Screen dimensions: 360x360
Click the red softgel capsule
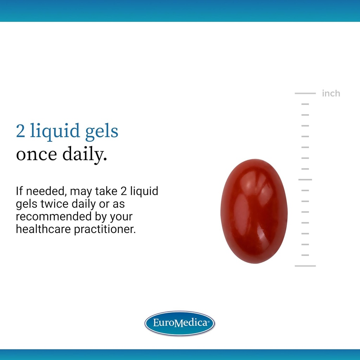[x=254, y=211]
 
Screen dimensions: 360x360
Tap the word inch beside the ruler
[x=331, y=94]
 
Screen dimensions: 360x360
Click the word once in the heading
[x=36, y=155]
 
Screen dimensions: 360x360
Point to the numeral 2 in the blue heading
[x=20, y=131]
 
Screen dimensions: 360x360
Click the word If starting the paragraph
[x=19, y=192]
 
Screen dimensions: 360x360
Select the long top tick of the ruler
[x=305, y=94]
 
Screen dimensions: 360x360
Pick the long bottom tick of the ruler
[x=305, y=266]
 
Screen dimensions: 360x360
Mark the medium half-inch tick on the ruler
[x=305, y=180]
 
